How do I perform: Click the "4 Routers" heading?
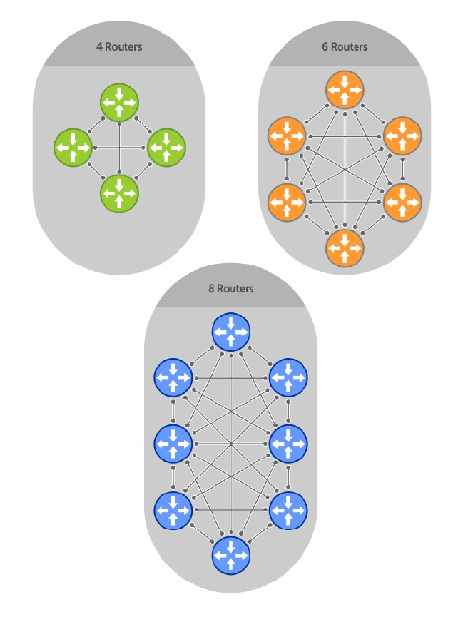click(119, 47)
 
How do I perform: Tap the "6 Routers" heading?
click(345, 47)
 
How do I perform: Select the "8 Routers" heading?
click(230, 289)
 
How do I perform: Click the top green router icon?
click(119, 103)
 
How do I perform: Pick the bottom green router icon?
click(119, 192)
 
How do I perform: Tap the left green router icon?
click(73, 148)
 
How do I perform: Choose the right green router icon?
click(166, 148)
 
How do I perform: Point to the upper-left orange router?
click(287, 136)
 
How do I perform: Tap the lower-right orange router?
click(403, 202)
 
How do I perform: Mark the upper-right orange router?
click(403, 136)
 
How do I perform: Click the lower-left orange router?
click(287, 202)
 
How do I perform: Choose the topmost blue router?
click(231, 332)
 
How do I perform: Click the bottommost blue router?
click(231, 555)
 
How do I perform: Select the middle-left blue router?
click(173, 443)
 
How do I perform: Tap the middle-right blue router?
click(289, 443)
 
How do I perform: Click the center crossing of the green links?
click(119, 148)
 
